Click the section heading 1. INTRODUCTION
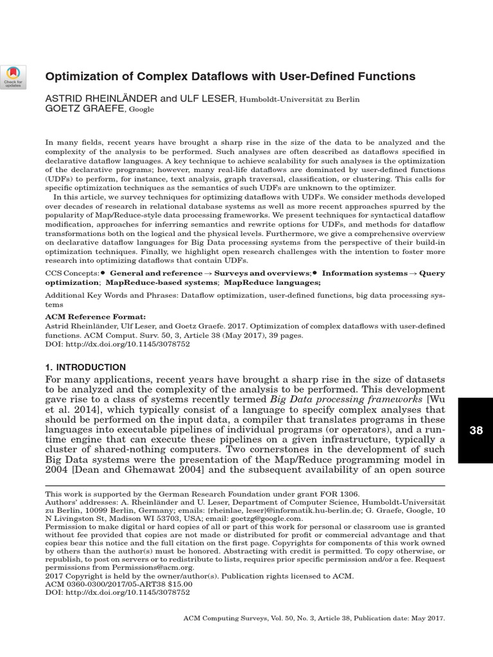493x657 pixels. pyautogui.click(x=85, y=367)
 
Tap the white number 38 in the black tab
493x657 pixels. pyautogui.click(x=476, y=431)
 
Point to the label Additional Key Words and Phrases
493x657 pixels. pyautogui.click(x=109, y=296)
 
